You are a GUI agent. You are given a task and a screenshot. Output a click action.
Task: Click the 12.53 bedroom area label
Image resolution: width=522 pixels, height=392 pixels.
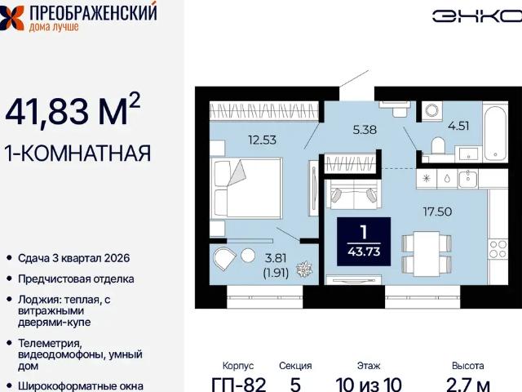click(263, 140)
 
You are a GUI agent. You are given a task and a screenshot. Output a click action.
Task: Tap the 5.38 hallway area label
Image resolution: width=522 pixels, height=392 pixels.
click(365, 129)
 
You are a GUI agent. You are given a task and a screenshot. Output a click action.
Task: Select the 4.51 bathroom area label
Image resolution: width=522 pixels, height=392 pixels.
click(458, 126)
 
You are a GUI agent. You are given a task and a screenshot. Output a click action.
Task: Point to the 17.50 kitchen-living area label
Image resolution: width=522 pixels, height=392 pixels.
click(437, 212)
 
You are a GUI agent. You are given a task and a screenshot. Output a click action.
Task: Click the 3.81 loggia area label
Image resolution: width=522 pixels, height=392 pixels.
click(276, 258)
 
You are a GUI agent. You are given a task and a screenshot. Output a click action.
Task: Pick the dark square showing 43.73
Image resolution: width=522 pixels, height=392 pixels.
click(364, 242)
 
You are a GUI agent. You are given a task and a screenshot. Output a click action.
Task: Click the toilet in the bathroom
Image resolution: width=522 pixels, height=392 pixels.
click(439, 145)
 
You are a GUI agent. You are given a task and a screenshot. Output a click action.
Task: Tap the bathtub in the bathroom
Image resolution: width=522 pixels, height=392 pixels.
click(495, 133)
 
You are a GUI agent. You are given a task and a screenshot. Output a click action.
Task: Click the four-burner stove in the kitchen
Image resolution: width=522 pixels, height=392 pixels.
click(498, 249)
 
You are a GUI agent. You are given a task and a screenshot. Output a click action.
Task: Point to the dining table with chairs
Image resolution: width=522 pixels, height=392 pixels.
click(427, 254)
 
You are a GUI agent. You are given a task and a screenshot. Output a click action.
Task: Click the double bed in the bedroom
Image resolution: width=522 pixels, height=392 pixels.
click(246, 188)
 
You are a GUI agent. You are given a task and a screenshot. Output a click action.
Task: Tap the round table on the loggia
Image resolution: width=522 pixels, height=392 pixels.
click(248, 256)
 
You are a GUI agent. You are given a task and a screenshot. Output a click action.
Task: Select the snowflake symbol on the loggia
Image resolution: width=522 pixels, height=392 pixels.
click(304, 269)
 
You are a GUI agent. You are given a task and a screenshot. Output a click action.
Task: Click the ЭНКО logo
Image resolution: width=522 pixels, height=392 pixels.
click(476, 16)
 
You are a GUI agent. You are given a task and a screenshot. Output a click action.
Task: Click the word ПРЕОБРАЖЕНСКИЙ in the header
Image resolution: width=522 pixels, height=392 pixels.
click(93, 13)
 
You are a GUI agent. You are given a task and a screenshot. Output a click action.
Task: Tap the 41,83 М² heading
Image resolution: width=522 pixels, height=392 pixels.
click(73, 110)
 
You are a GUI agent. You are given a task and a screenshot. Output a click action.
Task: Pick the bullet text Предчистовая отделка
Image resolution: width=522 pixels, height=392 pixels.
click(76, 279)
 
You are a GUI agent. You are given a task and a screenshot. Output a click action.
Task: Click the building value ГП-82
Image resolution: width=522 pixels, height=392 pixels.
click(239, 385)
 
